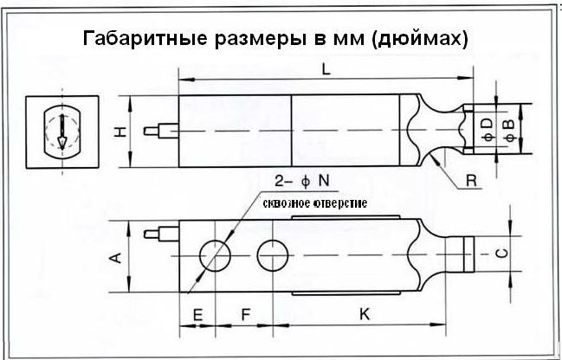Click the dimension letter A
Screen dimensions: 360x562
coord(118,256)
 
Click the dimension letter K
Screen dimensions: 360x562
coord(365,316)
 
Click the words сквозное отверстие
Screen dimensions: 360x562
coord(316,203)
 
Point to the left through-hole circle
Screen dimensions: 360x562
coord(215,256)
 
